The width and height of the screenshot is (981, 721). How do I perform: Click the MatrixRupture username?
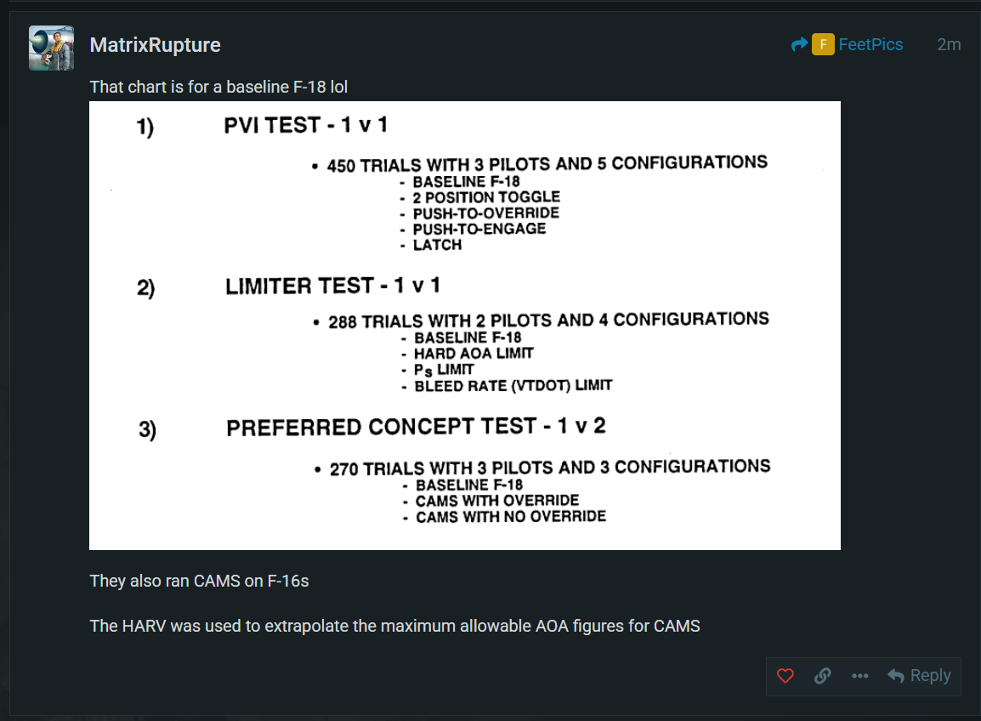click(156, 45)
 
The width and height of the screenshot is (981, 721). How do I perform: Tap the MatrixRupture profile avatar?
click(51, 48)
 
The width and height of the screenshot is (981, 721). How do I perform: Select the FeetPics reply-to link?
click(870, 44)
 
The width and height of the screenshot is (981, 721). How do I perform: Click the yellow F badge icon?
click(823, 44)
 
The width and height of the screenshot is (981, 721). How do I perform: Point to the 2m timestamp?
click(949, 44)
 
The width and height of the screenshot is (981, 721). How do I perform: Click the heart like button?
click(785, 676)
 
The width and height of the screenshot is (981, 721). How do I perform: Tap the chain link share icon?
click(823, 676)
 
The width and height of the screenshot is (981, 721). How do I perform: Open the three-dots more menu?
click(860, 676)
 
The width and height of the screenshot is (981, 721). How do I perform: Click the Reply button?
click(919, 676)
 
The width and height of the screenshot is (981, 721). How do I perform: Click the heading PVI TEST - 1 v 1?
click(306, 125)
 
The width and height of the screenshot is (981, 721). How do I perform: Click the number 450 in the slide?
click(341, 166)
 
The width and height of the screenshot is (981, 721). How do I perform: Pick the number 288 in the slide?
click(343, 321)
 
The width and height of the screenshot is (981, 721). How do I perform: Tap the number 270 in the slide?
click(344, 469)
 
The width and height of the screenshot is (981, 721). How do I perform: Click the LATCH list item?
click(437, 245)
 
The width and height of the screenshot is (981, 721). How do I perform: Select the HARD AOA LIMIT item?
click(473, 354)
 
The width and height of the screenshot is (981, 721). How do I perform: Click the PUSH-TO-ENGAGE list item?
click(479, 229)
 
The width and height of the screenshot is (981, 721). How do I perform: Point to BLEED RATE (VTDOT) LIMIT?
click(513, 385)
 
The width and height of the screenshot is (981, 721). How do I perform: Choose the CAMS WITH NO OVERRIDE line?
click(511, 517)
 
